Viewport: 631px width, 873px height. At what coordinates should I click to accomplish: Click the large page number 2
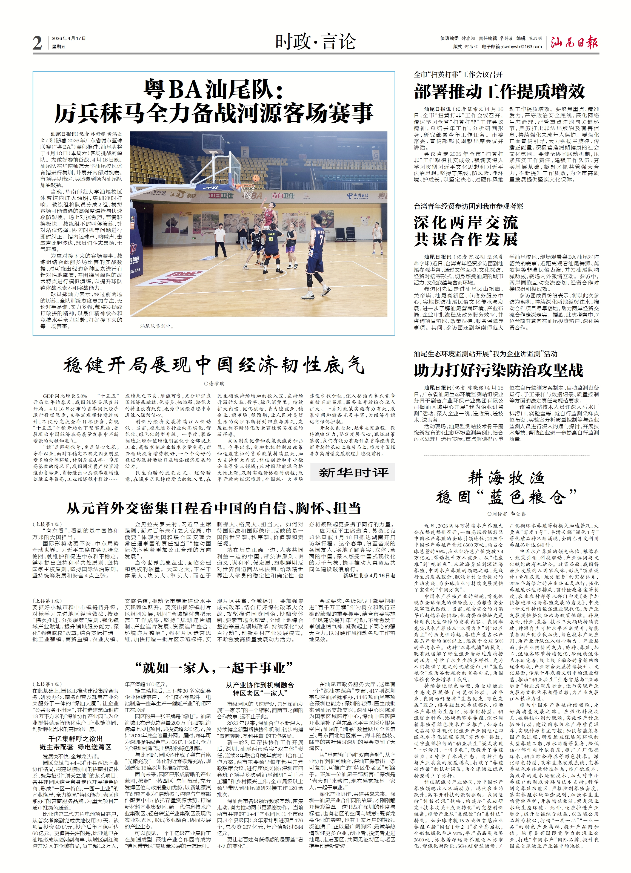[x=37, y=43]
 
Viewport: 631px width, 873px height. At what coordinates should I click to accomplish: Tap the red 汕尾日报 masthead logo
[x=574, y=42]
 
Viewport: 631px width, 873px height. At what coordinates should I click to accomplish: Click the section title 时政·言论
[x=315, y=42]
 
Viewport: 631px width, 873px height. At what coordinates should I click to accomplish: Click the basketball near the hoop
[x=256, y=178]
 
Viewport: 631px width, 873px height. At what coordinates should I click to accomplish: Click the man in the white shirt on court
[x=220, y=239]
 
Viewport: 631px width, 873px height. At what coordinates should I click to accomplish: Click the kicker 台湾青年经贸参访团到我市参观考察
[x=469, y=206]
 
